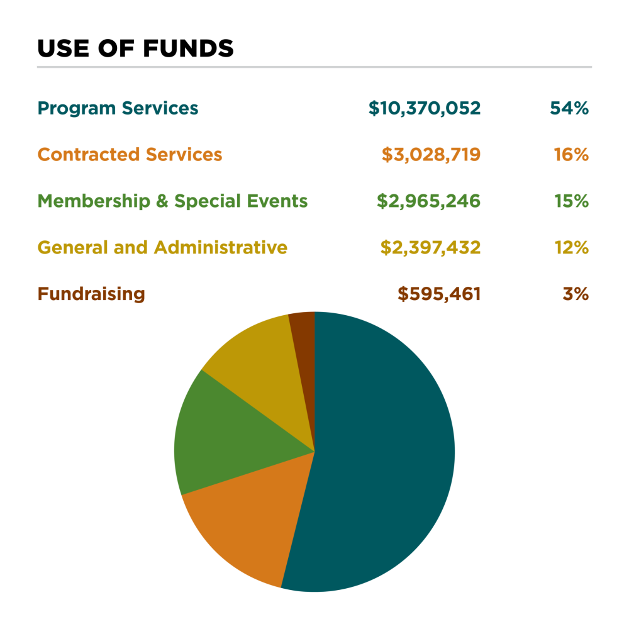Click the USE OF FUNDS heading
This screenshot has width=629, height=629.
[135, 49]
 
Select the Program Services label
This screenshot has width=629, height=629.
[118, 109]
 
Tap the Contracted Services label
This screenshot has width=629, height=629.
[130, 155]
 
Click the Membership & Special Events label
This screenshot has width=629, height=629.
[172, 201]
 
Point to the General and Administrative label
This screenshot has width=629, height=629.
[162, 248]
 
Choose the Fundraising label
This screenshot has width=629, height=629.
[91, 294]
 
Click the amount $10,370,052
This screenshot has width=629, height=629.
[425, 109]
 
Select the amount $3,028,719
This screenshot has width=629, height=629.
[431, 155]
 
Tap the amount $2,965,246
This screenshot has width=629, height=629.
[428, 201]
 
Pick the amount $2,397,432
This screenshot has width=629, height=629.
[430, 248]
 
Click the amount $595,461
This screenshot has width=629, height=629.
[439, 294]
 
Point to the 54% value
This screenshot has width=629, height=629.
[569, 109]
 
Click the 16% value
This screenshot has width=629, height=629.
[571, 155]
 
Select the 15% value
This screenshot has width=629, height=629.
[571, 201]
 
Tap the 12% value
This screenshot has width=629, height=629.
[571, 248]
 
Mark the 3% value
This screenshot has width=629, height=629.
[576, 294]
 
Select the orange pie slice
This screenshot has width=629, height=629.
[252, 522]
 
